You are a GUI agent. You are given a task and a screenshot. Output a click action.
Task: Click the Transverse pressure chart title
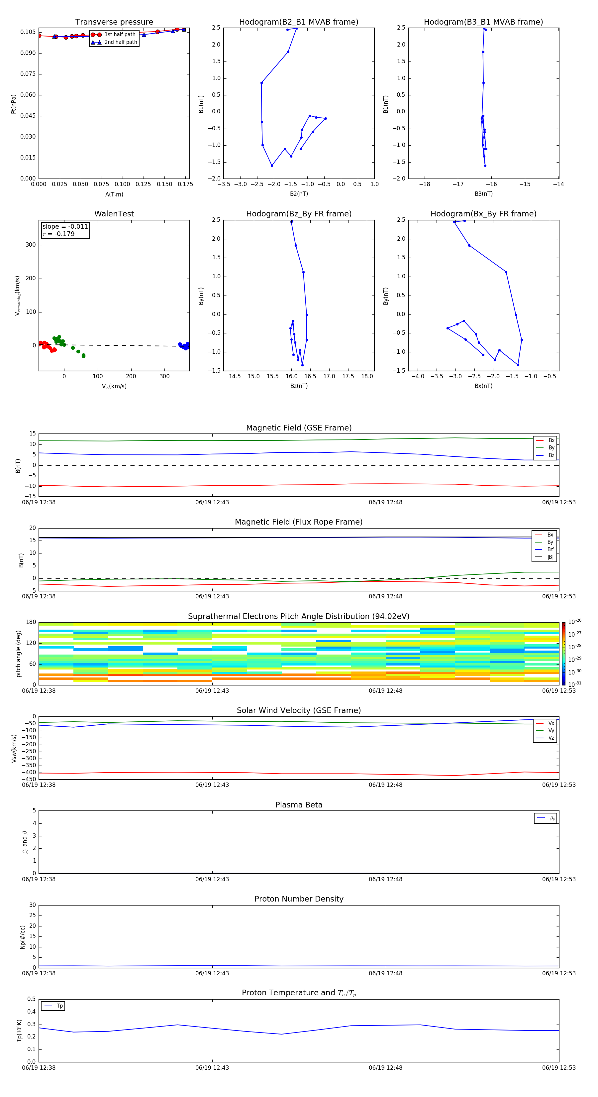114,22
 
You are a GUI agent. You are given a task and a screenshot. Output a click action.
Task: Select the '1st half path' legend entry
120,35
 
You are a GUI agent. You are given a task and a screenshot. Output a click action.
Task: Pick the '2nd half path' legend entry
121,42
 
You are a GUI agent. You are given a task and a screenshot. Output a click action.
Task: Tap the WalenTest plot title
114,214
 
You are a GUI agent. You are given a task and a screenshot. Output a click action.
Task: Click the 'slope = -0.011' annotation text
65,227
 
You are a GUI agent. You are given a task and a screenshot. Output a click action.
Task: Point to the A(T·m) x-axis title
114,194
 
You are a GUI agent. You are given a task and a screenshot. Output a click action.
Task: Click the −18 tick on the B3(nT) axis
424,184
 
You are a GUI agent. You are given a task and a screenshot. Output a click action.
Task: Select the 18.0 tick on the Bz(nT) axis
367,376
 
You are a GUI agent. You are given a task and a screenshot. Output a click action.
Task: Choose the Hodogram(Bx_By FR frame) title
483,214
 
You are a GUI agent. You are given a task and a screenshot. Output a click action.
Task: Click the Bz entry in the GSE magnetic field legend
551,455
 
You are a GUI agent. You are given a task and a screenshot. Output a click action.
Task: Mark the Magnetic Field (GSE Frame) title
299,428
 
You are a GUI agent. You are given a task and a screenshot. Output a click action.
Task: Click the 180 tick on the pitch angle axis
31,622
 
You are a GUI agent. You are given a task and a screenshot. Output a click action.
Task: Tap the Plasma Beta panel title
299,805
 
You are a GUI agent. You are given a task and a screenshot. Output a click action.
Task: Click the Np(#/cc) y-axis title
23,937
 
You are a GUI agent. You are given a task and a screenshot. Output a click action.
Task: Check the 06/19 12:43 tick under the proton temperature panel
212,1068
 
